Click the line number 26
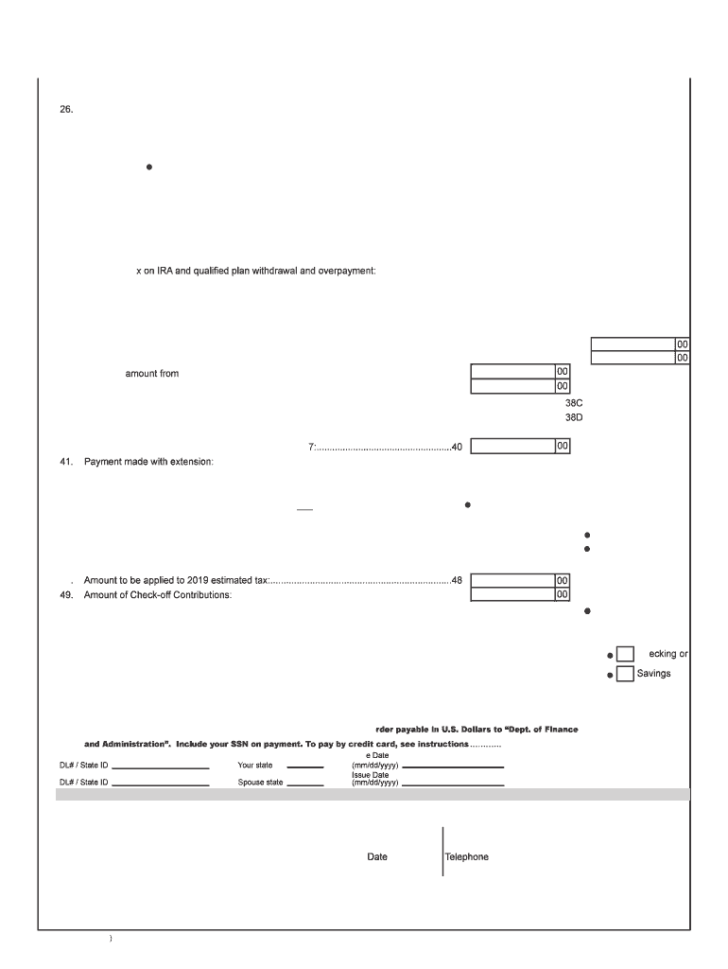tap(66, 110)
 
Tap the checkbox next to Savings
tap(625, 674)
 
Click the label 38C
tap(574, 403)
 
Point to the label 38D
tap(574, 417)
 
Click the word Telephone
tap(467, 857)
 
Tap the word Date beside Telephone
tap(377, 857)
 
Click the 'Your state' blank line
tap(305, 767)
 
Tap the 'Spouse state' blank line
tap(305, 784)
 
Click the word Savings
tap(654, 674)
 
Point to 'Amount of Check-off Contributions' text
tap(158, 595)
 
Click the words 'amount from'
tap(152, 374)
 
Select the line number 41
tap(66, 462)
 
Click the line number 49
tap(66, 595)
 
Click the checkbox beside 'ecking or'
tap(625, 654)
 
